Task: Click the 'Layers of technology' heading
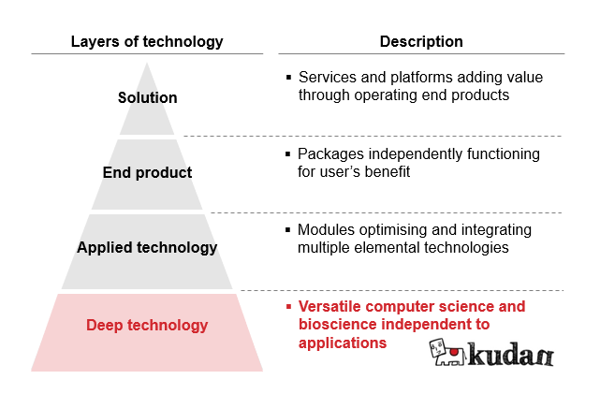coord(147,42)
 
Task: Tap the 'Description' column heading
coord(421,42)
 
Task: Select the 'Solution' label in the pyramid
coord(147,97)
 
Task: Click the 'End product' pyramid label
coord(147,172)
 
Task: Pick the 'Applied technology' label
coord(147,247)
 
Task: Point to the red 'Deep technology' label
coord(147,325)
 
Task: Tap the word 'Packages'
coord(330,154)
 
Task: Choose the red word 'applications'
coord(343,343)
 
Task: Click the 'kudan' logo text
coord(511,354)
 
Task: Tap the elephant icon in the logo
coord(446,352)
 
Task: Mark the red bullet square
coord(288,306)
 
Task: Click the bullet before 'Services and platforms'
coord(288,78)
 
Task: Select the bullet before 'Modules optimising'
coord(288,230)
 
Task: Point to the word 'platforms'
coord(421,78)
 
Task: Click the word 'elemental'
coord(387,247)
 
